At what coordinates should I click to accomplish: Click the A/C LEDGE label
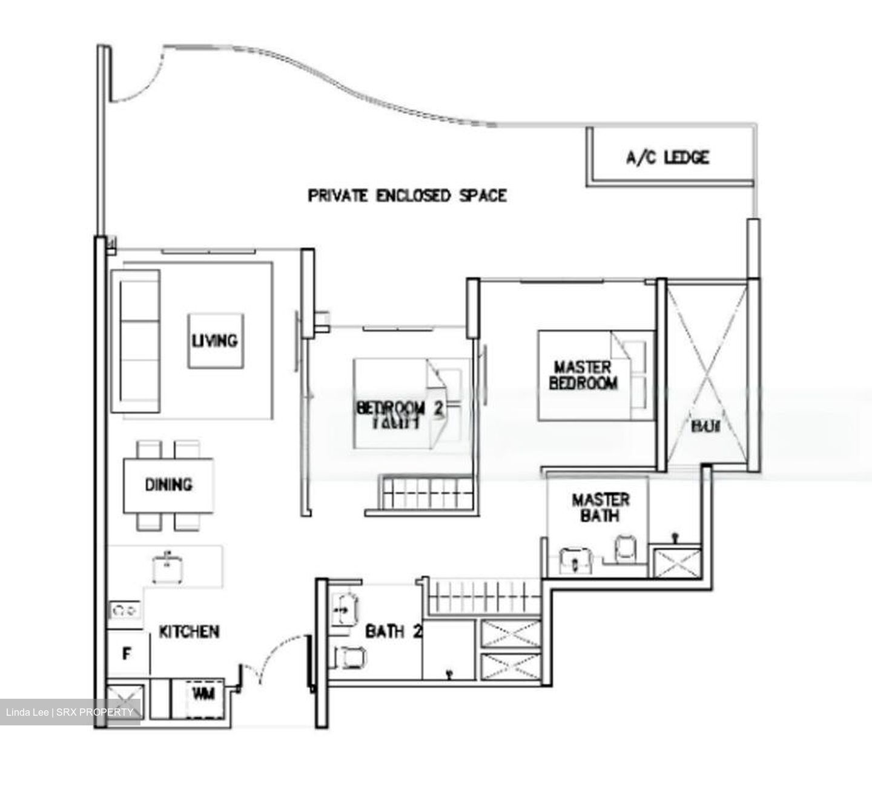[667, 158]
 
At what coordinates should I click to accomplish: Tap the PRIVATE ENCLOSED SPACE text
[407, 196]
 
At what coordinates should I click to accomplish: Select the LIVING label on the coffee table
[215, 340]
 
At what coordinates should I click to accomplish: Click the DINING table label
[168, 485]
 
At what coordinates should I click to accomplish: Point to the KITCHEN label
[189, 631]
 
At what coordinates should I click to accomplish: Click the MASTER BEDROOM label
[583, 375]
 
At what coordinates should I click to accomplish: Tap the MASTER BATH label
[601, 508]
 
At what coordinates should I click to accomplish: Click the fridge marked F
[127, 654]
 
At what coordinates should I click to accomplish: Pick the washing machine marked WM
[203, 694]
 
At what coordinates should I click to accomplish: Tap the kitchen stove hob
[125, 610]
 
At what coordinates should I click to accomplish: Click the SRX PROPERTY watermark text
[93, 711]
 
